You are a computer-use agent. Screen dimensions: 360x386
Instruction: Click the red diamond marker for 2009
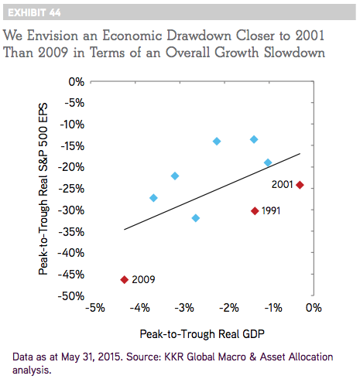(x=125, y=279)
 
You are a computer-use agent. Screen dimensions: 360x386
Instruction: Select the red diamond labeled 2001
(x=300, y=185)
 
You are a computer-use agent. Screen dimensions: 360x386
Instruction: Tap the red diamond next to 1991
(x=255, y=211)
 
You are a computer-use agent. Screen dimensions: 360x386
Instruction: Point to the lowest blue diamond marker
(x=196, y=218)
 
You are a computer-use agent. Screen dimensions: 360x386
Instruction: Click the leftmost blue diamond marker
(x=153, y=198)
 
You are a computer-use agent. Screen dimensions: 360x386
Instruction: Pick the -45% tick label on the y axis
(x=71, y=275)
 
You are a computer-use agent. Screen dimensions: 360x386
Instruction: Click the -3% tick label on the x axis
(x=184, y=308)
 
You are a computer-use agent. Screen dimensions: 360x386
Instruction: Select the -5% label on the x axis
(x=95, y=308)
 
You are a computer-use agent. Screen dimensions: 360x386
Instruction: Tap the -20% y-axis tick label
(x=71, y=167)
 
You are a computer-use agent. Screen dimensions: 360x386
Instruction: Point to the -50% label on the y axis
(x=71, y=296)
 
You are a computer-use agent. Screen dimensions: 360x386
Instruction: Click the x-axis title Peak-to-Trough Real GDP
(x=202, y=334)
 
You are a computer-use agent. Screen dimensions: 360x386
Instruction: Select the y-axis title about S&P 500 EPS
(x=43, y=189)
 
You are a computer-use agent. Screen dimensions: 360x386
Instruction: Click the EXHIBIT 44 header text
(x=34, y=12)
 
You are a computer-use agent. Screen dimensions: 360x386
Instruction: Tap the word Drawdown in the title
(x=199, y=36)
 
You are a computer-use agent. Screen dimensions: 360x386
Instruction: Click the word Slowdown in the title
(x=294, y=53)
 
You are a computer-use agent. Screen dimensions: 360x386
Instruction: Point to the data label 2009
(x=143, y=279)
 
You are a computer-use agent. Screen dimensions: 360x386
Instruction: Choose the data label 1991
(x=271, y=211)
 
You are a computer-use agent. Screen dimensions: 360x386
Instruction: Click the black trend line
(x=212, y=191)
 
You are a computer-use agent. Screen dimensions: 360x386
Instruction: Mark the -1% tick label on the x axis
(x=273, y=308)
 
